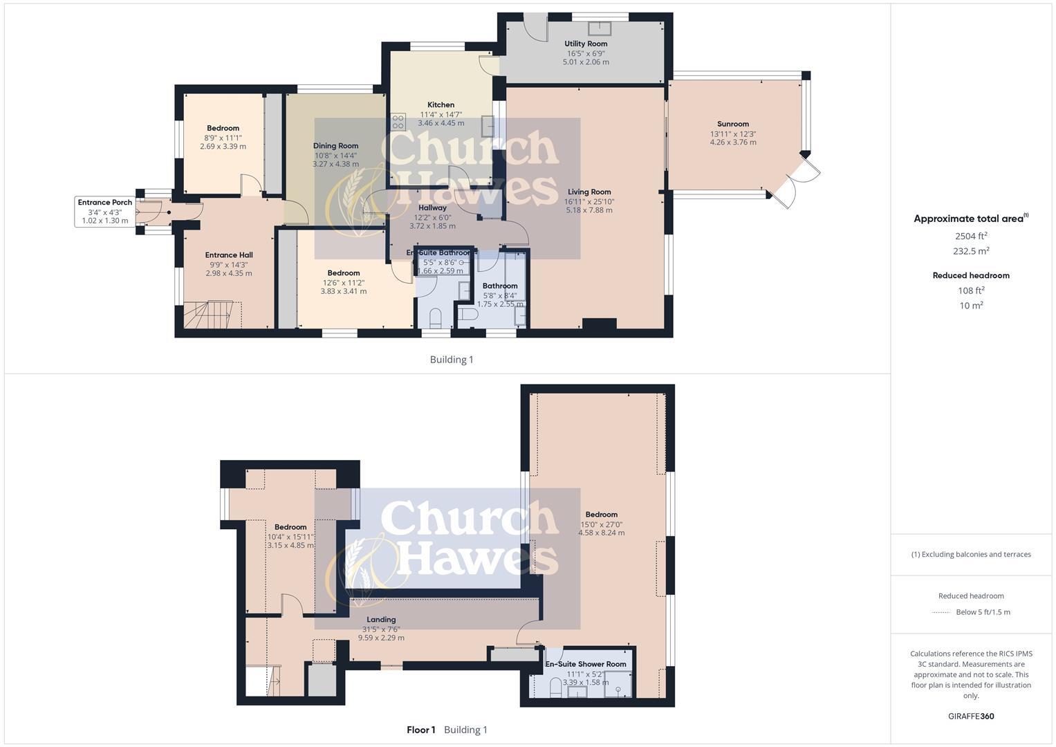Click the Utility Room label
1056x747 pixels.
click(x=586, y=44)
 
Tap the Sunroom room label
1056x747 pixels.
click(x=733, y=124)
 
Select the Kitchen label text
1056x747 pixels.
click(x=441, y=105)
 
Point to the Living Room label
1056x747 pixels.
click(x=589, y=192)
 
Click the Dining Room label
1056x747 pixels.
click(x=335, y=146)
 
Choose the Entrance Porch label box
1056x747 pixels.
click(x=104, y=211)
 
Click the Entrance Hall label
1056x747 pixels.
click(x=229, y=255)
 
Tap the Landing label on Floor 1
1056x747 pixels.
click(x=381, y=620)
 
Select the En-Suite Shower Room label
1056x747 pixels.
click(x=586, y=664)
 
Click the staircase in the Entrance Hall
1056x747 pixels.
click(x=211, y=315)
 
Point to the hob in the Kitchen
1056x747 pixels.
click(x=398, y=122)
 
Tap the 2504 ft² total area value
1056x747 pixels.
click(x=971, y=236)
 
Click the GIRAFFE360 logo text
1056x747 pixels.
click(x=971, y=716)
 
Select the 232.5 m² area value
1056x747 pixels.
click(x=971, y=251)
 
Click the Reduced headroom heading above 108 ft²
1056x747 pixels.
click(x=971, y=275)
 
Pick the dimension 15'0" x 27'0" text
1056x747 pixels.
click(x=601, y=524)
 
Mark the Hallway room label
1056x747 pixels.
click(x=432, y=207)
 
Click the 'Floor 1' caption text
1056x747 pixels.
click(x=420, y=730)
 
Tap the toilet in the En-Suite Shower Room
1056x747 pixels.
click(x=555, y=688)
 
